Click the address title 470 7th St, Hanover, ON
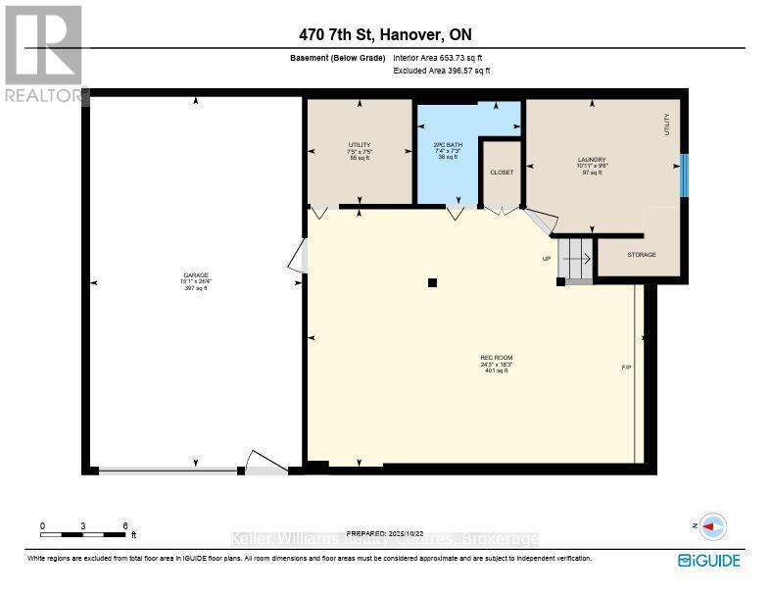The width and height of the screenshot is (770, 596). [x=385, y=34]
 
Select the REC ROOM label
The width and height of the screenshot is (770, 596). [x=497, y=357]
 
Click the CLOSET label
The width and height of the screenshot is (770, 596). [x=502, y=172]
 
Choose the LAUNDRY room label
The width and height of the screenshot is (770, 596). [x=592, y=160]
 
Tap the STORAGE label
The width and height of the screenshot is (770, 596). [x=642, y=255]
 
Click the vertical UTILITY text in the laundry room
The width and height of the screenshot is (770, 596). [x=667, y=124]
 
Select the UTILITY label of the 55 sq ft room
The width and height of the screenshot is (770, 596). [x=360, y=145]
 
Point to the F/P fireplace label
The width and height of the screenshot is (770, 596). [x=626, y=368]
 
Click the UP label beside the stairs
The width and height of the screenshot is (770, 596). [x=547, y=259]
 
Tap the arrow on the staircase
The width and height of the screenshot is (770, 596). [x=577, y=259]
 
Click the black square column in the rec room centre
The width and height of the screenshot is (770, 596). [x=432, y=283]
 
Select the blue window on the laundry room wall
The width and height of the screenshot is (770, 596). [x=685, y=174]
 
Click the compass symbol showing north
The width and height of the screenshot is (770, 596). [x=713, y=526]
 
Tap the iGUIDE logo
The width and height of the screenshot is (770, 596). [x=708, y=561]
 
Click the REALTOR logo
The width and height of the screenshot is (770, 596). [x=44, y=54]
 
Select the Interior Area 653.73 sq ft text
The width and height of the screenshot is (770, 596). [x=438, y=59]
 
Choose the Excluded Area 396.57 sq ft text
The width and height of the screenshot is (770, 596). [x=442, y=71]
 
